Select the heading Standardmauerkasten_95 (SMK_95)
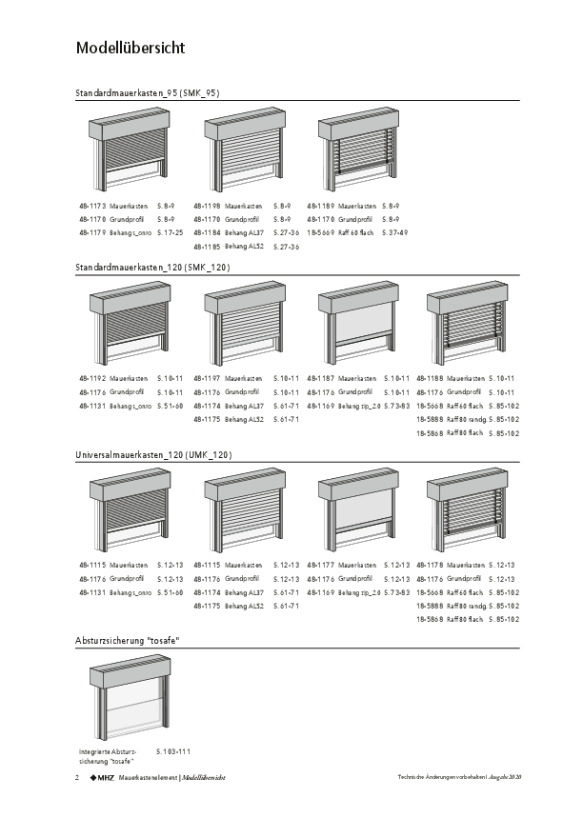click(x=148, y=93)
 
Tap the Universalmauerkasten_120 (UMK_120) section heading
click(x=153, y=456)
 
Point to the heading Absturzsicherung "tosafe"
click(x=128, y=641)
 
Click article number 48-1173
click(x=92, y=206)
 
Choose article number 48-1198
click(x=207, y=206)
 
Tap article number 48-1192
click(x=92, y=379)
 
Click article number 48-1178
click(x=431, y=566)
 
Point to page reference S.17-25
click(x=170, y=232)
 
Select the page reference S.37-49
click(x=394, y=232)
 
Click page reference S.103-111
click(x=173, y=751)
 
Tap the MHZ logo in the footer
click(x=102, y=778)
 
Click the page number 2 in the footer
click(x=77, y=778)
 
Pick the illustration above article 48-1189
click(x=356, y=152)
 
